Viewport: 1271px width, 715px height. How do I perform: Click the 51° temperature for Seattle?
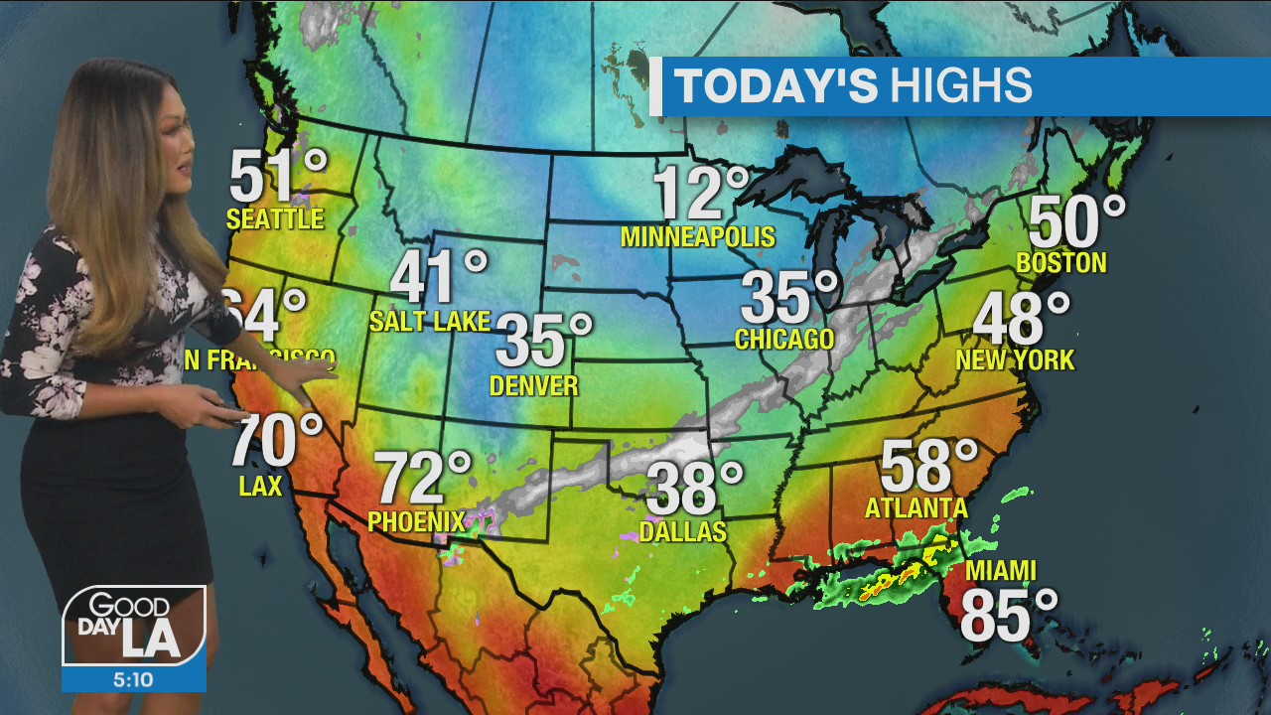277,178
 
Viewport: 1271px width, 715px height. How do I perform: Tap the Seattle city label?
275,219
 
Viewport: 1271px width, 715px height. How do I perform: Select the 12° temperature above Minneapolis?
700,194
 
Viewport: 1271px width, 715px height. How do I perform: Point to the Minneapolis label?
697,237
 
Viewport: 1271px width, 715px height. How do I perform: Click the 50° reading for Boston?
1076,221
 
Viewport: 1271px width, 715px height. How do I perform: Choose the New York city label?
1015,360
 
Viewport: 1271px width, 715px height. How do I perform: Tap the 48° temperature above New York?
1021,319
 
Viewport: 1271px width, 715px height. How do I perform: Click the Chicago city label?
784,340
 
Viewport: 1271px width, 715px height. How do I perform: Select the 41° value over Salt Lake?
438,277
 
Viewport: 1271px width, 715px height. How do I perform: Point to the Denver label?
534,385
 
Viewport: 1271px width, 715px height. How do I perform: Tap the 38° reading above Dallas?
694,489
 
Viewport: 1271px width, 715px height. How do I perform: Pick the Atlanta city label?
916,508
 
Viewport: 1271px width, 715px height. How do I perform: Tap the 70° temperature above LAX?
276,441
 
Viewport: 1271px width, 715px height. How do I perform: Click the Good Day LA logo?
135,626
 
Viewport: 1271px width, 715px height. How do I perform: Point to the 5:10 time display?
134,679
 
